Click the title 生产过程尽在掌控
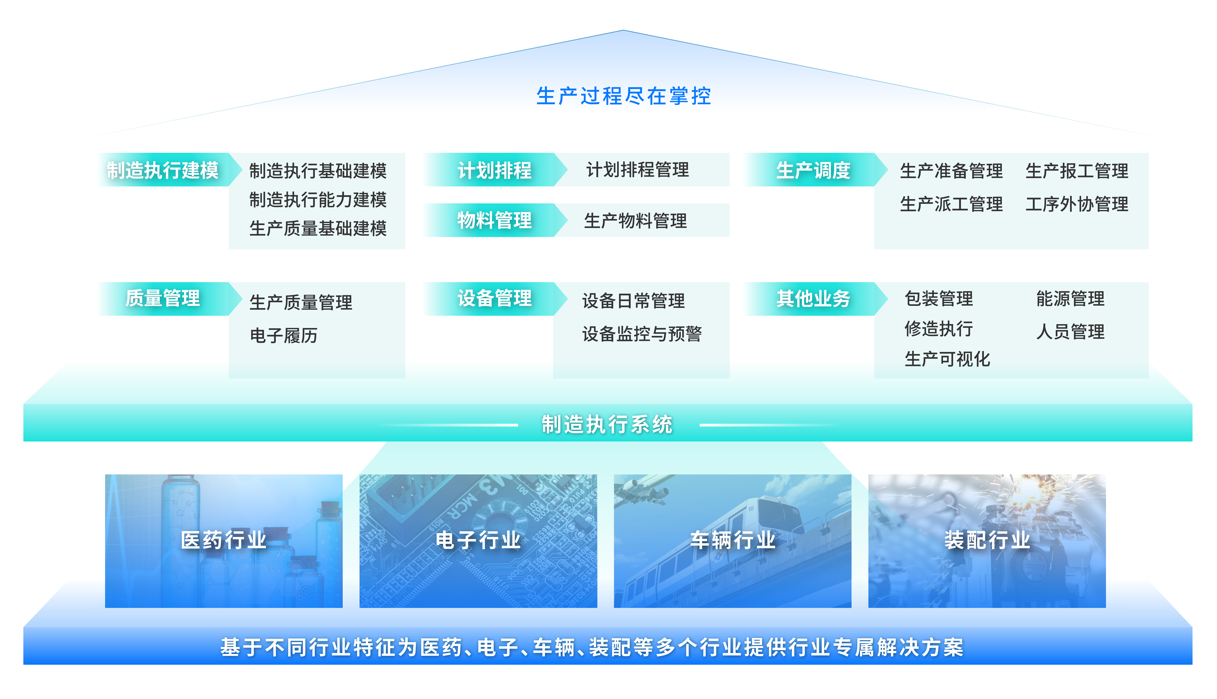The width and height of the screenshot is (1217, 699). click(623, 96)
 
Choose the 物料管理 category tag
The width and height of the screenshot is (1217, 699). click(495, 220)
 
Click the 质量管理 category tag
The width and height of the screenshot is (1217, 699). click(163, 299)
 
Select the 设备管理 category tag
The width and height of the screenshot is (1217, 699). click(495, 299)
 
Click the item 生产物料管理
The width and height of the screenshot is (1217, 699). click(635, 221)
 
